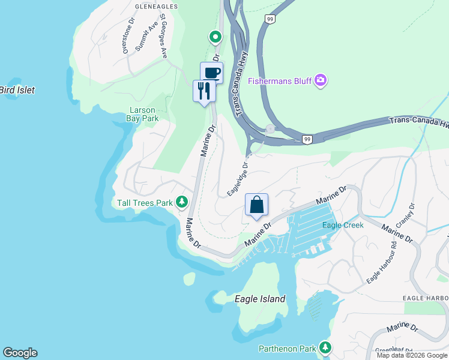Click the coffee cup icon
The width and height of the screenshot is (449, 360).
(211, 73)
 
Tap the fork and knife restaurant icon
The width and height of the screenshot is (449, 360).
(204, 91)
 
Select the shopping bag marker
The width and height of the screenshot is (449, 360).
(256, 205)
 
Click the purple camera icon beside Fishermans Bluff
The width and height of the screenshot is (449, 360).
(320, 80)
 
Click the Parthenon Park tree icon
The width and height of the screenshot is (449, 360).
(325, 347)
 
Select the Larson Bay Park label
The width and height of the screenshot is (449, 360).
(142, 114)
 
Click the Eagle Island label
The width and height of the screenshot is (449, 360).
(260, 299)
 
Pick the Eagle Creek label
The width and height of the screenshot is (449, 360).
(343, 225)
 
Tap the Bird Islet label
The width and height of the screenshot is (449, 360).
(17, 90)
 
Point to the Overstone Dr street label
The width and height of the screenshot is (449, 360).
(127, 39)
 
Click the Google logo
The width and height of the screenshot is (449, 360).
(20, 353)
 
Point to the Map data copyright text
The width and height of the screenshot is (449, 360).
(412, 355)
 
